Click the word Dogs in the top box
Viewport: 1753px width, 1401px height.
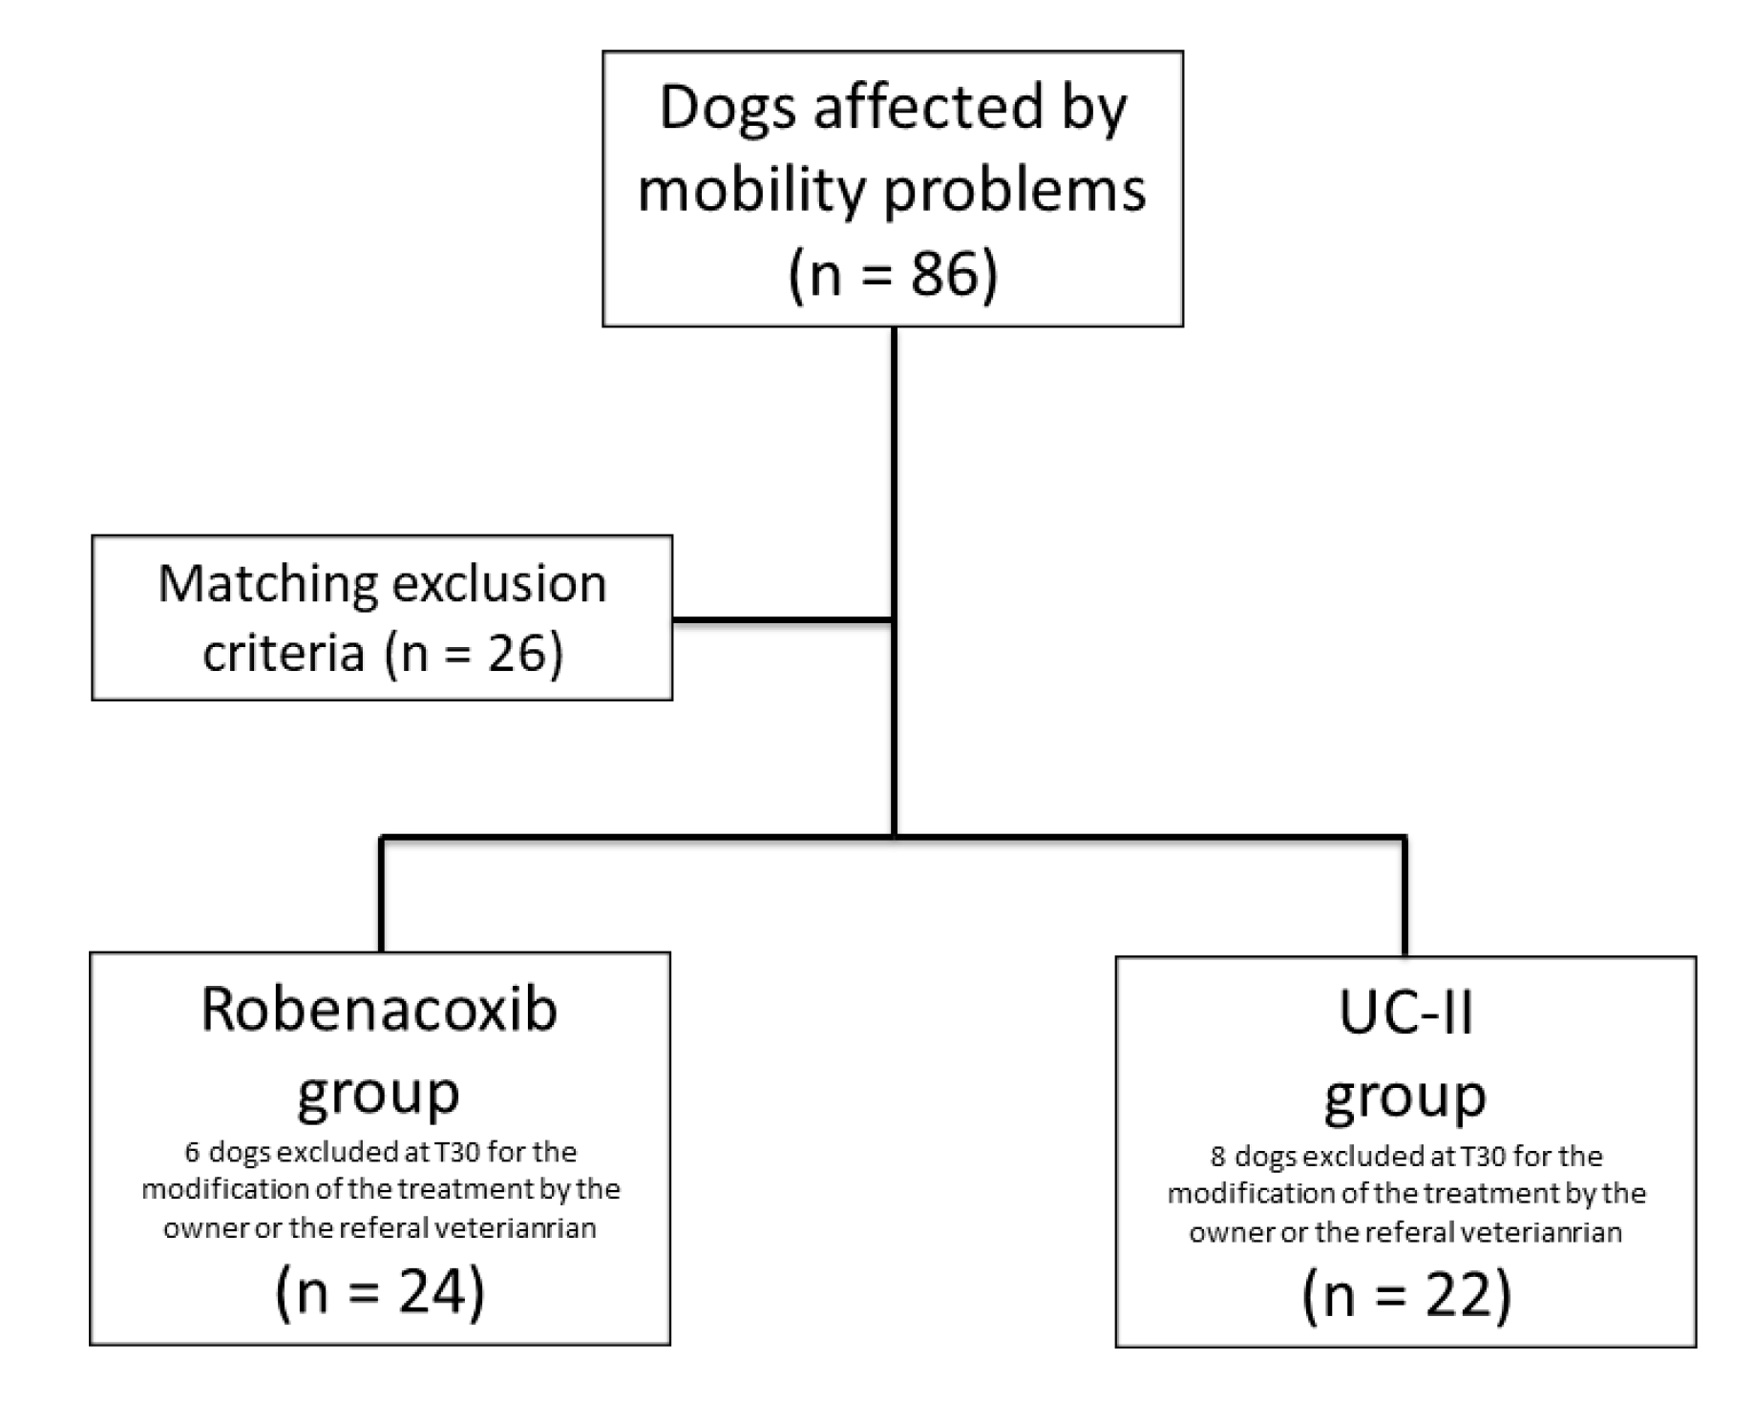(728, 107)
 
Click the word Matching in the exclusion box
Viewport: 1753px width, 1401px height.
(267, 583)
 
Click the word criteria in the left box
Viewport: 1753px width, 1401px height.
(284, 653)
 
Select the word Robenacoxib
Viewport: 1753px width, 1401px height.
(379, 1009)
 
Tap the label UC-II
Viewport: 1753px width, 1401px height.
(1405, 1013)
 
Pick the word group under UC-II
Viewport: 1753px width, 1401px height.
(1405, 1096)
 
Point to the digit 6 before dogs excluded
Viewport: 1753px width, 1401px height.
(192, 1153)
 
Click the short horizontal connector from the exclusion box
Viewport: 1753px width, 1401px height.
(783, 621)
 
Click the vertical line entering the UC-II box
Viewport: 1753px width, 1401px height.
(1405, 897)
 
